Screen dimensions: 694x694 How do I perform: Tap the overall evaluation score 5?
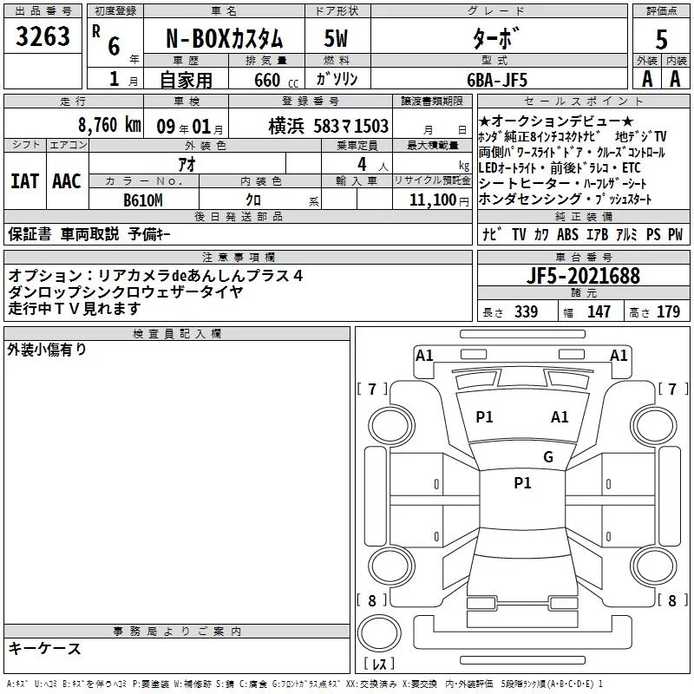tap(661, 40)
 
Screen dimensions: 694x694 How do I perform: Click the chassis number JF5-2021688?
tap(583, 277)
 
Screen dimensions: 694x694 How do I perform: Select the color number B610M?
tap(143, 199)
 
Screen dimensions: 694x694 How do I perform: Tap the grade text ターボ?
tap(496, 40)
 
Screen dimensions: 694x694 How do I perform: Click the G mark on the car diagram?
tap(547, 457)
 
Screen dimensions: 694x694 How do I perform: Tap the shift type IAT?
tap(24, 181)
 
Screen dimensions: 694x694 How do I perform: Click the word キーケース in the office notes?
tap(45, 649)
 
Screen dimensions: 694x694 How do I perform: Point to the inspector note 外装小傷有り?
tap(48, 350)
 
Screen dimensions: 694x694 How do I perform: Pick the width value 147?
tap(599, 312)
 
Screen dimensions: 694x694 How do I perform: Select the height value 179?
tap(668, 312)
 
